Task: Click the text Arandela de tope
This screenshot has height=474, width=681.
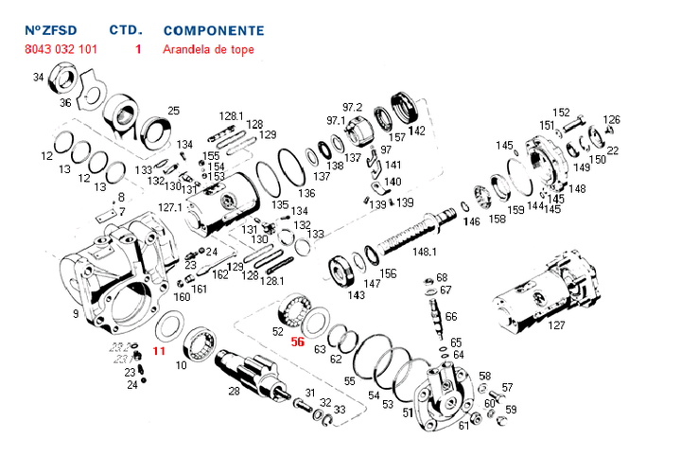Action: point(208,49)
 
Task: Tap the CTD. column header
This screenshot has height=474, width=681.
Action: point(126,31)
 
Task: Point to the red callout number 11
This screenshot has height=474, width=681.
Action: point(159,350)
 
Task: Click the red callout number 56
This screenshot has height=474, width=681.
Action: point(297,342)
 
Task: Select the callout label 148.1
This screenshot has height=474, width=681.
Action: point(425,252)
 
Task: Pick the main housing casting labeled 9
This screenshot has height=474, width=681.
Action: point(113,274)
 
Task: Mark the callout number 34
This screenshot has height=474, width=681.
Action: point(38,77)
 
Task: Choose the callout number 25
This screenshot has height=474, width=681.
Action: point(172,111)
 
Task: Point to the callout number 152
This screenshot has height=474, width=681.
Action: point(561,112)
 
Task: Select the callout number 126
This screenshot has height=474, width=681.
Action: point(612,119)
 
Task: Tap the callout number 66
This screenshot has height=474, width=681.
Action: point(451,316)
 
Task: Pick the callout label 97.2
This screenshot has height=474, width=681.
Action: point(352,106)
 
